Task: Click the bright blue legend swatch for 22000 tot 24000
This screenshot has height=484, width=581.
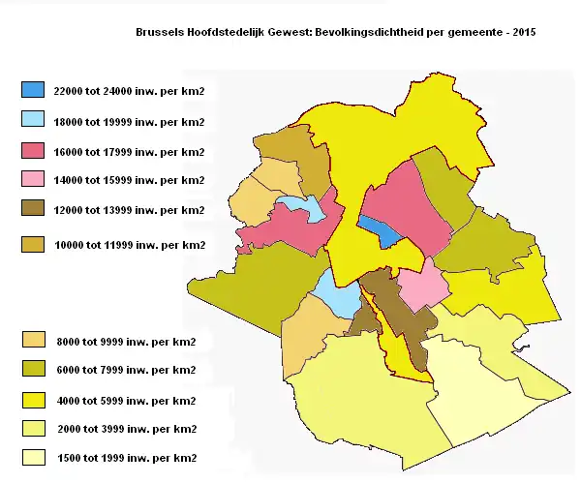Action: [x=33, y=90]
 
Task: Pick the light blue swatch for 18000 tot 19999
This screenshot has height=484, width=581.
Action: [x=33, y=121]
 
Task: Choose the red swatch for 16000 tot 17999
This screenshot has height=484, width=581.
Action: [x=33, y=151]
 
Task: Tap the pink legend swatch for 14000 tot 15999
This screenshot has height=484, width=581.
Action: [x=33, y=180]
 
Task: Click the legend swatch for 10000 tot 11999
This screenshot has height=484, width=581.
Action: [x=33, y=245]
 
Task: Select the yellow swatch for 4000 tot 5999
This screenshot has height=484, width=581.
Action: [x=33, y=400]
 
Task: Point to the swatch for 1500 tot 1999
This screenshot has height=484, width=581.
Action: [x=33, y=457]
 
